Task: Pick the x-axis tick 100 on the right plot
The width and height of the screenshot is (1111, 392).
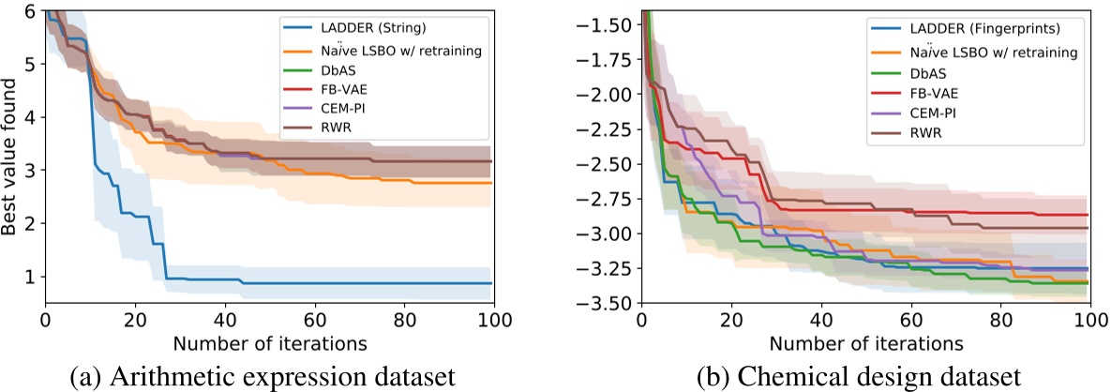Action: pyautogui.click(x=1088, y=320)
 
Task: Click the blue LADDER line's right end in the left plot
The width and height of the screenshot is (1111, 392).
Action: pyautogui.click(x=491, y=283)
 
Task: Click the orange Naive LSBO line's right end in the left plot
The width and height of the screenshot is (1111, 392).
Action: pyautogui.click(x=491, y=183)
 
